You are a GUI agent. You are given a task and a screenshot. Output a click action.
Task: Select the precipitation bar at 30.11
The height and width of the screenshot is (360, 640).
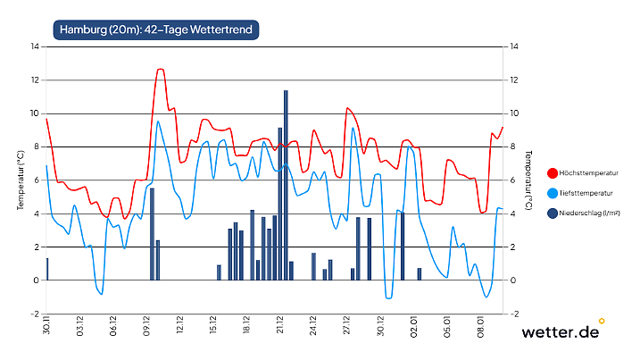click(47, 269)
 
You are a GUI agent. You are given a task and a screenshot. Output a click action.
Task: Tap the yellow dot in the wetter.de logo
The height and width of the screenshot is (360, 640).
click(602, 320)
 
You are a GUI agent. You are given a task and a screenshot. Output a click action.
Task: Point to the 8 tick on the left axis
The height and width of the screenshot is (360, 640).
click(36, 147)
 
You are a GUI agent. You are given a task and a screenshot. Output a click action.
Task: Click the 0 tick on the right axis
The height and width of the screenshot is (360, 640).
click(511, 280)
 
